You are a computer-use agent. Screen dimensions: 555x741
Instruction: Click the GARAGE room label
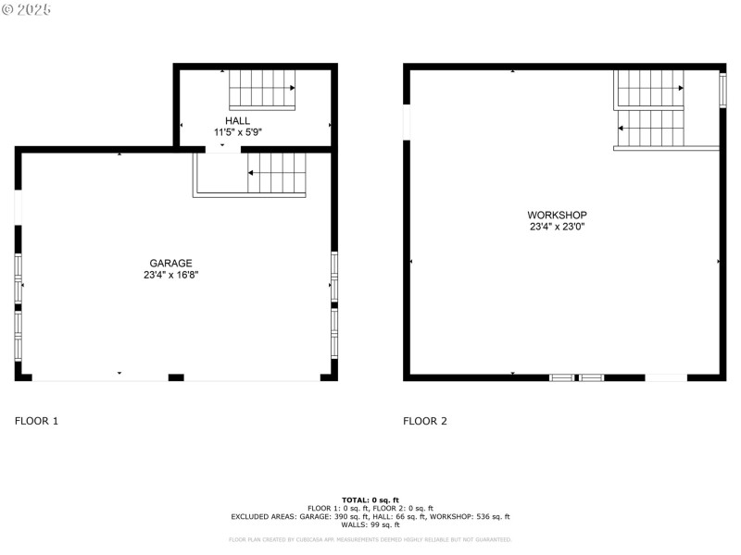point(170,263)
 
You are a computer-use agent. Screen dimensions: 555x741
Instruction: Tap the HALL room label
point(237,121)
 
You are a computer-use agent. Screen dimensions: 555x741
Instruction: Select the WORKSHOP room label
point(558,215)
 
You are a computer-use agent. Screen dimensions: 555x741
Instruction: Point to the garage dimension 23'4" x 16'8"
point(170,275)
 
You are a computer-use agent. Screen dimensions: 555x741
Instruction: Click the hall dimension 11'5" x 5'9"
point(237,132)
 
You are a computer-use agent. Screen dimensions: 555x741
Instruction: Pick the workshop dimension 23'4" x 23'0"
point(558,227)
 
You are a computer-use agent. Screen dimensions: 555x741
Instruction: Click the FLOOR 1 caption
point(36,421)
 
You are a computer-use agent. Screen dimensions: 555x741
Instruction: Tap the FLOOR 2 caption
point(425,421)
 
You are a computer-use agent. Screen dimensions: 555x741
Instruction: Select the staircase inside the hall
point(262,89)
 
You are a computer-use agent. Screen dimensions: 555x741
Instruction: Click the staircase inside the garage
point(275,173)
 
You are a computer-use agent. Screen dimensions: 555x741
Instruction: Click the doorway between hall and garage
point(221,148)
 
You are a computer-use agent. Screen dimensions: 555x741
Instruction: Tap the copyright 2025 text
point(26,9)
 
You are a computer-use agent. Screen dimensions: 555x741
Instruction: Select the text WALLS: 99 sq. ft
point(370,524)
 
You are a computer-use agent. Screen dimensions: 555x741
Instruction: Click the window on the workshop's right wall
point(722,88)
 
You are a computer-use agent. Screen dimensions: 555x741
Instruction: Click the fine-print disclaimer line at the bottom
point(370,539)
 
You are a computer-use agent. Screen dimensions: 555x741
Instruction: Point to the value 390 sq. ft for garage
point(348,516)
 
